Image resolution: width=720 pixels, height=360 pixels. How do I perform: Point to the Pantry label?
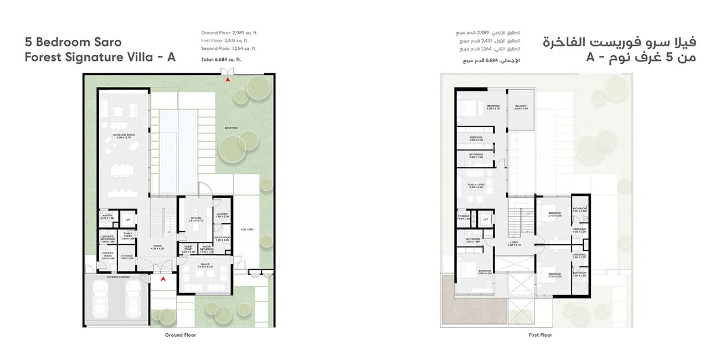tap(107, 217)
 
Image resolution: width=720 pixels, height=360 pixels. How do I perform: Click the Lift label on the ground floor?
tap(127, 220)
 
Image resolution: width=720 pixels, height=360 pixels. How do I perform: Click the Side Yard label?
tap(246, 229)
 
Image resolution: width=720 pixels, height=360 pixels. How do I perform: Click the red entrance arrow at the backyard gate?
tap(227, 80)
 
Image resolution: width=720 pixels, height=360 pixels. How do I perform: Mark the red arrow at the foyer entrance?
tap(163, 279)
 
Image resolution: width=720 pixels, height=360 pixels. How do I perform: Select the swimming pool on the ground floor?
tap(178, 151)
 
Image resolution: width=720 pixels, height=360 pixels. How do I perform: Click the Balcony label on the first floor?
tap(521, 107)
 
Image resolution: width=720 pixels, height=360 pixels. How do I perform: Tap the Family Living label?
tap(476, 186)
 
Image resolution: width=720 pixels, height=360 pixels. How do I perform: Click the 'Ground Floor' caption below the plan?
tap(181, 335)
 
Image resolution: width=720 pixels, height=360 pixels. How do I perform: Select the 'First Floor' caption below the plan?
tap(540, 335)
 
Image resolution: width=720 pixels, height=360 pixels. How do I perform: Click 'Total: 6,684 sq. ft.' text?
tap(221, 59)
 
